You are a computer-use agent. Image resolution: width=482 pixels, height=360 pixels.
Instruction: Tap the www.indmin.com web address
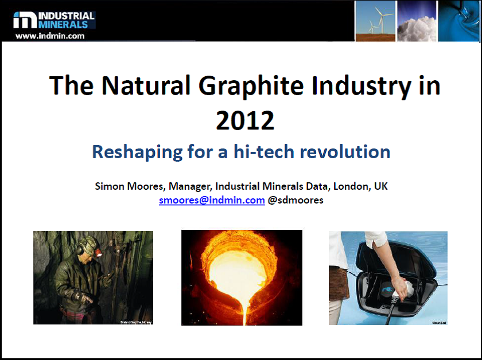pos(50,36)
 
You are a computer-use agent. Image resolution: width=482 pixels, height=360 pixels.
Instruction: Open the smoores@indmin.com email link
pos(212,200)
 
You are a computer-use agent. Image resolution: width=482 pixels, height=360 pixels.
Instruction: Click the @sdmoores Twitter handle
pos(296,200)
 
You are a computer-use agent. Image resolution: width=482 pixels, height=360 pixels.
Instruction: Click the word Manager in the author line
pos(188,186)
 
